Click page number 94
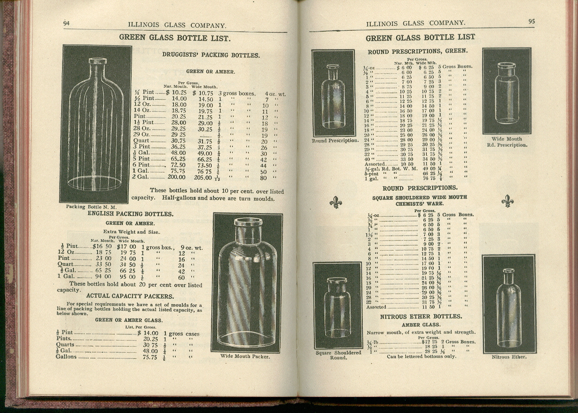coord(67,24)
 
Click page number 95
coord(532,22)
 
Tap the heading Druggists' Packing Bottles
coord(211,55)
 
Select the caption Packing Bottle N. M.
coord(91,206)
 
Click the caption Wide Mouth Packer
coord(245,357)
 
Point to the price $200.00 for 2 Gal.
coord(176,177)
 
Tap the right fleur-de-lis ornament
coord(508,200)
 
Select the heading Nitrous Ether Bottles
coord(421,317)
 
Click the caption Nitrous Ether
coord(509,357)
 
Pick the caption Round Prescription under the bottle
coord(335,141)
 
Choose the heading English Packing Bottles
coord(131,214)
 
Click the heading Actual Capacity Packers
coord(130,296)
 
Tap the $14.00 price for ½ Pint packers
coord(148,333)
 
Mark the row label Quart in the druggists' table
coord(142,141)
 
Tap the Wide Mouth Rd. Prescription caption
coord(507,142)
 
